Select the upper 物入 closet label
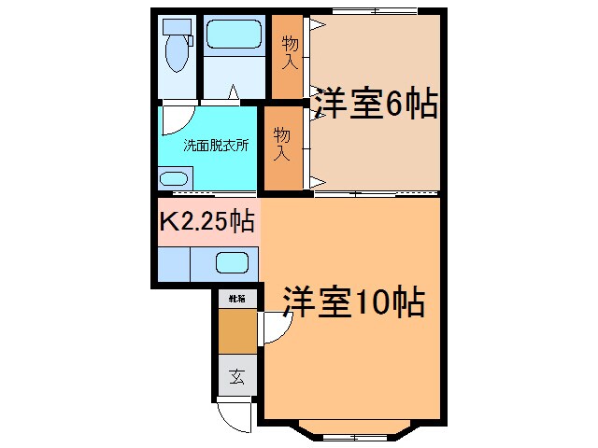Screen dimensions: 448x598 pos(289,55)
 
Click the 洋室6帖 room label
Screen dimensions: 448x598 pos(375,105)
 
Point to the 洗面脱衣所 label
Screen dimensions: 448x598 pos(215,146)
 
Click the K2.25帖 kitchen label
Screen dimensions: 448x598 pos(206,223)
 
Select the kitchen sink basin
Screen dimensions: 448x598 pos(231,262)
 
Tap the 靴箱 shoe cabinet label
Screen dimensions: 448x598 pos(237,299)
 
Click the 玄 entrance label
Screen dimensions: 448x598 pos(237,378)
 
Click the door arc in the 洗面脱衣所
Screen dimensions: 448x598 pos(175,119)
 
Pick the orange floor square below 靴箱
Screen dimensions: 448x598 pos(237,330)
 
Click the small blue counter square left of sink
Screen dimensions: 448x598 pos(174,262)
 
